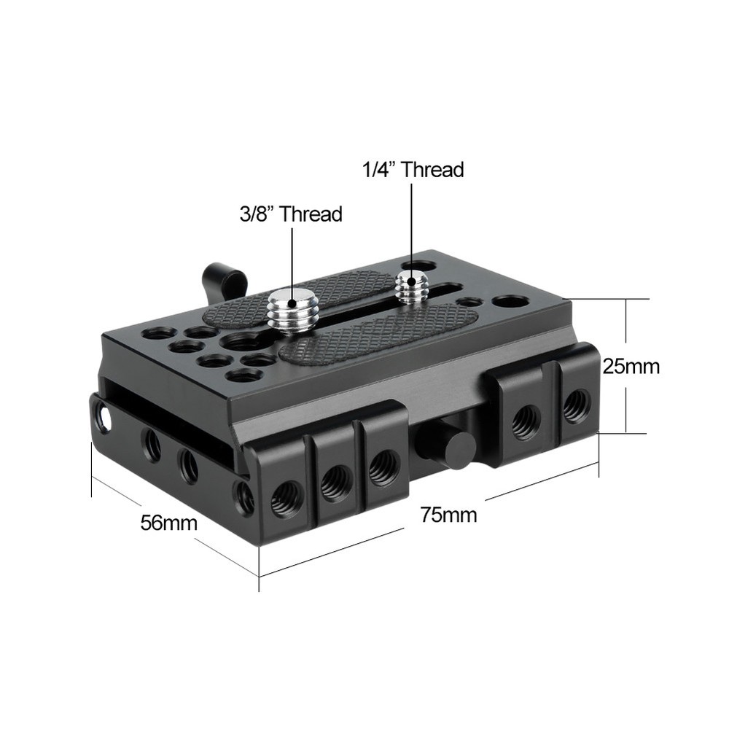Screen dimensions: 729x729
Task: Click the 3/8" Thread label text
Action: (x=290, y=214)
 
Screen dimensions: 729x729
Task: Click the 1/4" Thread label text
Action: (x=413, y=170)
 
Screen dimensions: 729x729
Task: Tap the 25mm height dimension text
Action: (x=631, y=366)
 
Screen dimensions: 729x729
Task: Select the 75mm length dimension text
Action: (x=448, y=515)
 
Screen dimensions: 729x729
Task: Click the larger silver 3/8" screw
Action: (x=289, y=309)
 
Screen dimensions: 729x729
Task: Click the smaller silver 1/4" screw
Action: (x=411, y=287)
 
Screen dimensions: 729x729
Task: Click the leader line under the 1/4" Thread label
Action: (x=411, y=226)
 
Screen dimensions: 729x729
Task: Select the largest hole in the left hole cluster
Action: (x=241, y=340)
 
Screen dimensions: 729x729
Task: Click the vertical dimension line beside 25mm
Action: (x=625, y=328)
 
